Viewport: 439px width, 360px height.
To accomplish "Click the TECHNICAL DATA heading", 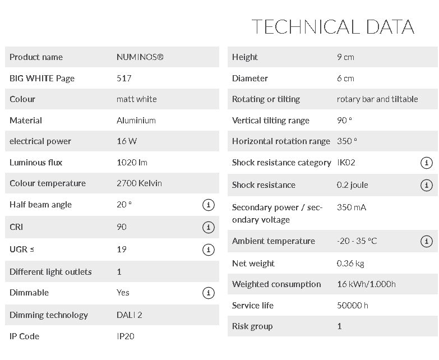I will [332, 26].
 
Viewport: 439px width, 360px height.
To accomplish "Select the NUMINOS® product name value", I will [140, 57].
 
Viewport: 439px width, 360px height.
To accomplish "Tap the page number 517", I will [124, 79].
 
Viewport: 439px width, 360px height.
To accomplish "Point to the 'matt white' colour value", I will [137, 99].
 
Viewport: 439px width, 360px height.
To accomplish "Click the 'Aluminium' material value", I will [136, 121].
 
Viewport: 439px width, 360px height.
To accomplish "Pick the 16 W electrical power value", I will [127, 141].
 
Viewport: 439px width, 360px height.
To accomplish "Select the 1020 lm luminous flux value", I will [132, 163].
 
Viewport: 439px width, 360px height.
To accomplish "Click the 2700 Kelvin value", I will [139, 183].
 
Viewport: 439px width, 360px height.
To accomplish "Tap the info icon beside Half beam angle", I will [208, 205].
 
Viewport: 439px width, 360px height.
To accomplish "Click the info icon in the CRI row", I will [208, 227].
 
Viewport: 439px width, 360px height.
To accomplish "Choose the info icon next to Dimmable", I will [208, 293].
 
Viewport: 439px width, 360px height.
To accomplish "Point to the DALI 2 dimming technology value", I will [130, 315].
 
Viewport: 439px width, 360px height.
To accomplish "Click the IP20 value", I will [126, 336].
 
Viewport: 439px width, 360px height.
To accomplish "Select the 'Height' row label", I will [245, 57].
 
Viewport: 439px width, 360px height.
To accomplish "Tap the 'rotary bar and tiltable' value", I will [377, 99].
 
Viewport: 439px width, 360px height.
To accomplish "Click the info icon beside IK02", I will [426, 163].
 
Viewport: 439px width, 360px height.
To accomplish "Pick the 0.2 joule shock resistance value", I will [353, 185].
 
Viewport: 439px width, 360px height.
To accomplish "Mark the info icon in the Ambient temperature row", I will [426, 241].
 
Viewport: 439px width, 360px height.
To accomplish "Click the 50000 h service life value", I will [353, 306].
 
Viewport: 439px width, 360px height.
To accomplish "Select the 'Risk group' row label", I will [252, 326].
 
